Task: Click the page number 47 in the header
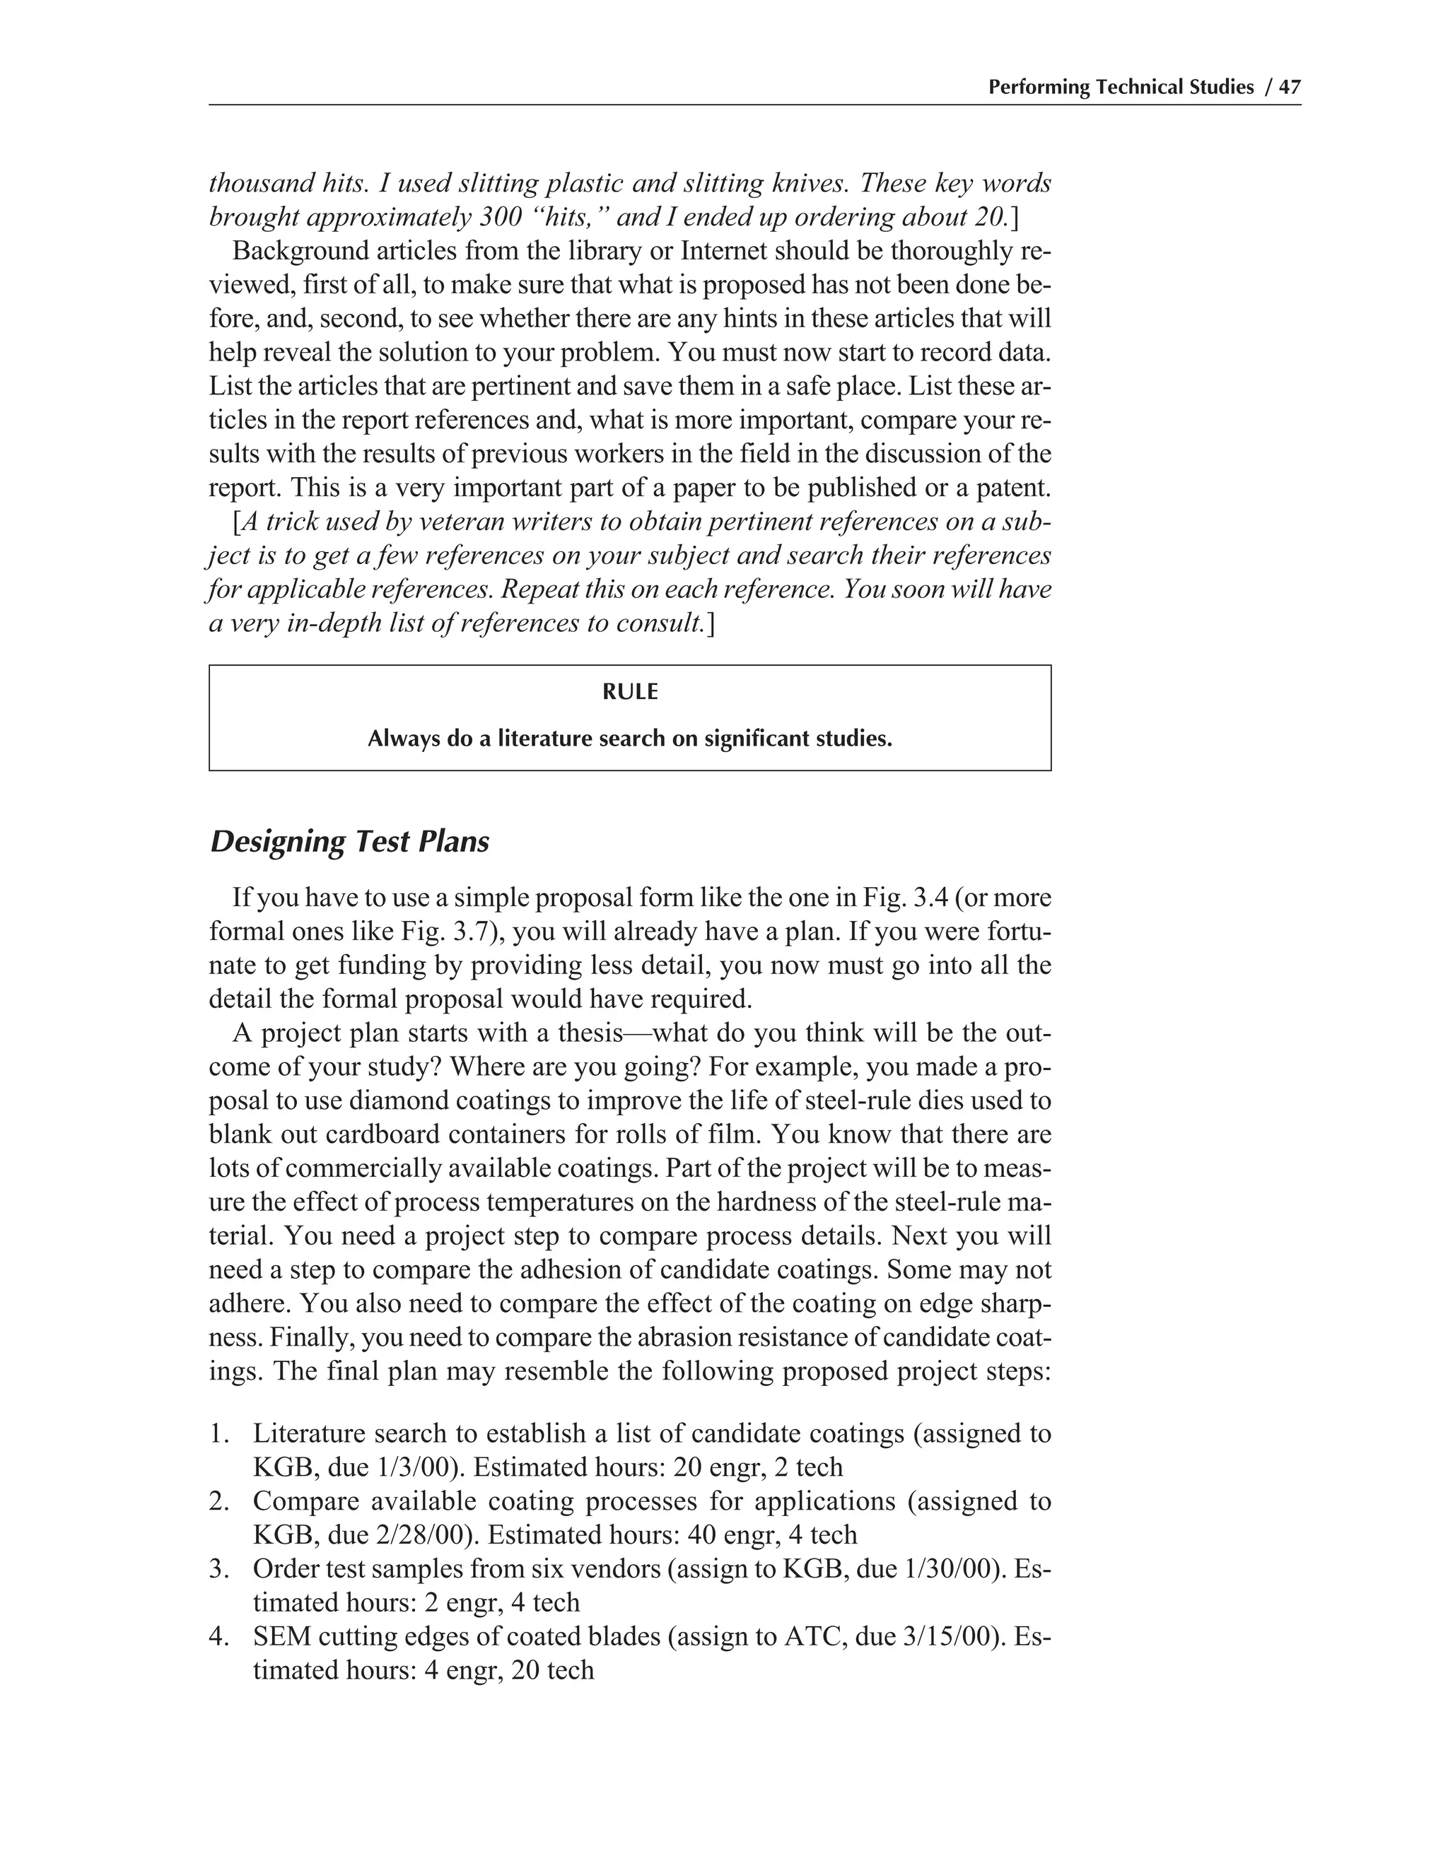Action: pos(1290,88)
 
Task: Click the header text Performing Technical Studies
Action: pos(1121,88)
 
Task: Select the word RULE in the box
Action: pos(630,692)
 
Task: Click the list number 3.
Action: pos(217,1568)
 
